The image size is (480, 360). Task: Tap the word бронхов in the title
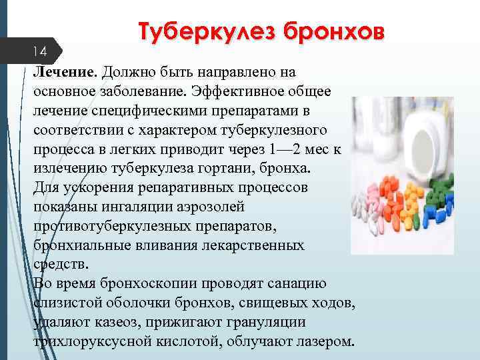pyautogui.click(x=333, y=32)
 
